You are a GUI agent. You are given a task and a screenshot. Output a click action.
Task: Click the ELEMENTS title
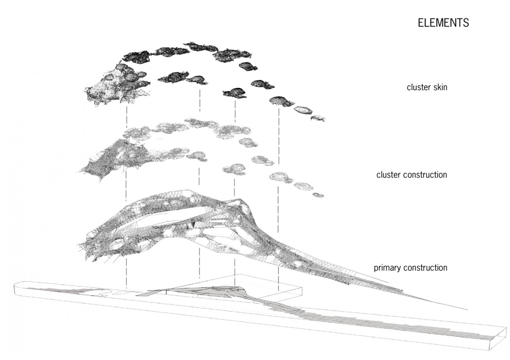click(443, 23)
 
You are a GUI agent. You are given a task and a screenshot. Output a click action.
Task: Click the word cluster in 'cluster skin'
click(417, 87)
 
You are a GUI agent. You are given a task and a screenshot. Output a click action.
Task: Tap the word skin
click(439, 87)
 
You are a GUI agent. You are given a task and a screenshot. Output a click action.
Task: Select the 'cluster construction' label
click(412, 175)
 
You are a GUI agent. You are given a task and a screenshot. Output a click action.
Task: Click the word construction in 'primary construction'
click(425, 268)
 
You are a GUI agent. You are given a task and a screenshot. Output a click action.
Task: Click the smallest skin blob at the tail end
click(318, 118)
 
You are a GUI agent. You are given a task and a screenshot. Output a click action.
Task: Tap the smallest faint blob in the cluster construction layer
click(318, 195)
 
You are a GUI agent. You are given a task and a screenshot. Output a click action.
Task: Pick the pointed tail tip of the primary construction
click(467, 309)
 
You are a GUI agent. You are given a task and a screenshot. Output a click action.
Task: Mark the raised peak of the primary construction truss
click(237, 201)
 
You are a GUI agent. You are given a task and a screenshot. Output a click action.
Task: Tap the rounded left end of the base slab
click(16, 287)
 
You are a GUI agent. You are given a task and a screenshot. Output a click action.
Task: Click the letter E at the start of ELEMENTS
click(421, 23)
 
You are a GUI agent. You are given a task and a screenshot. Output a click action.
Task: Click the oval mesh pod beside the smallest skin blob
click(303, 110)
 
